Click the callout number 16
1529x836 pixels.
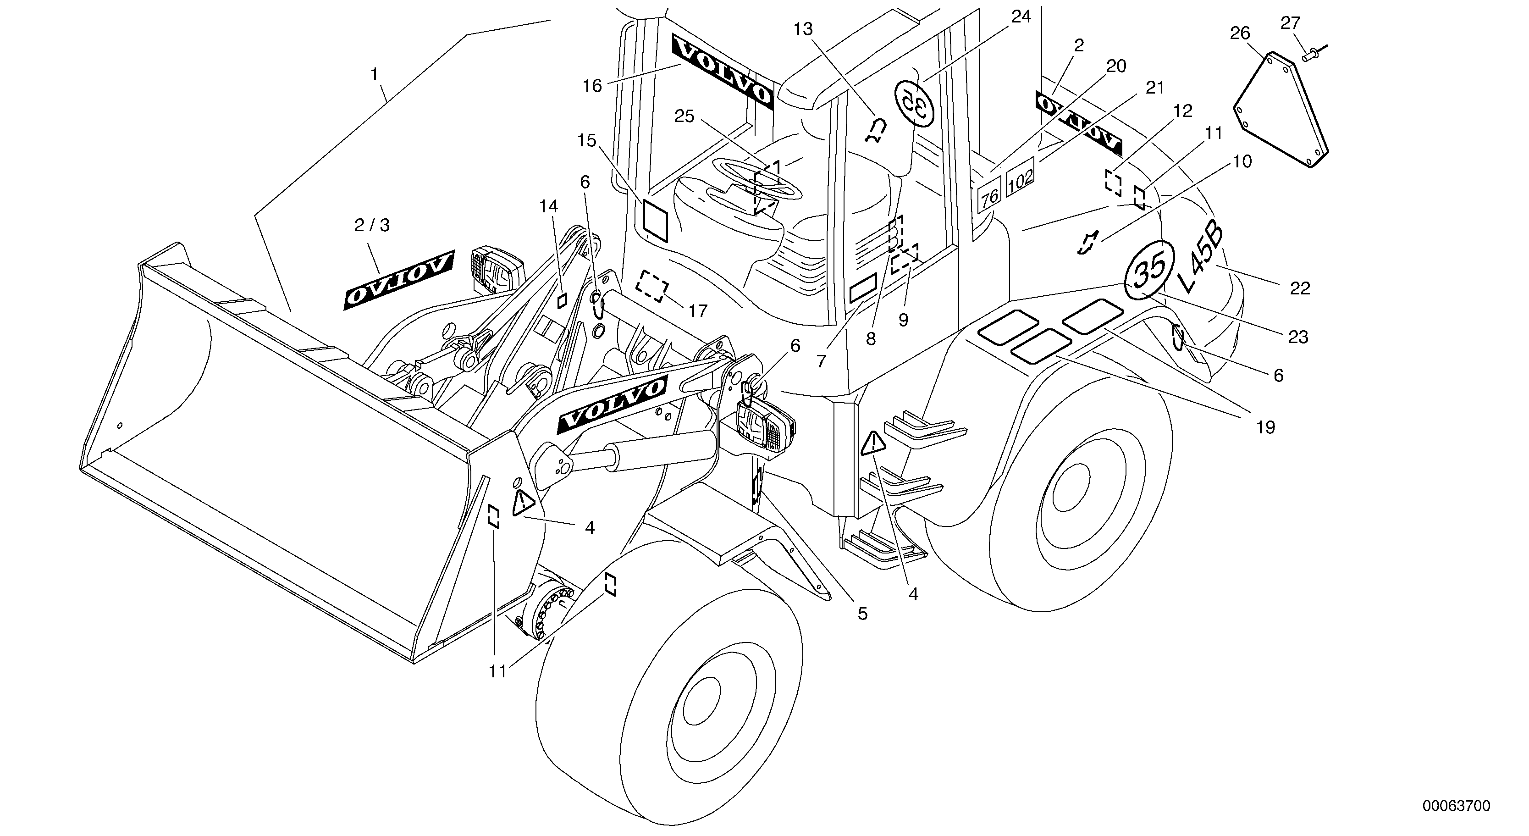click(592, 86)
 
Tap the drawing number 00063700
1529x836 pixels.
click(1455, 806)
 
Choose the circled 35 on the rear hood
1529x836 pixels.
click(1148, 271)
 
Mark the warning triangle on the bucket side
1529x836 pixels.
click(522, 503)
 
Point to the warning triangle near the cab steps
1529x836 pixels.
click(872, 443)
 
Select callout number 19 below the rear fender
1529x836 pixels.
click(1265, 427)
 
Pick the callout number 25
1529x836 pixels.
click(684, 116)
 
